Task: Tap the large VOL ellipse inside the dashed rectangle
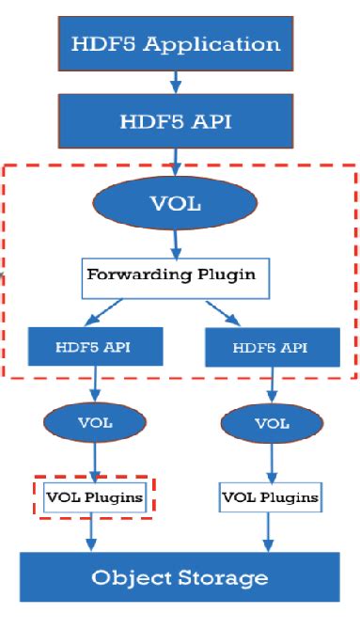176,204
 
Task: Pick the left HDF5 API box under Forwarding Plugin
94,347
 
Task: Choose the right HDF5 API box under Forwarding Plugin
271,348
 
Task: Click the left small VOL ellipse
95,422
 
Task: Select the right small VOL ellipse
272,424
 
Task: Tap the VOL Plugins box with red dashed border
95,495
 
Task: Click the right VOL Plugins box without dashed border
270,495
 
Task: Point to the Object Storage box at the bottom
179,576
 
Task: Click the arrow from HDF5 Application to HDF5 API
176,83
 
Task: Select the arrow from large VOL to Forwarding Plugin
176,243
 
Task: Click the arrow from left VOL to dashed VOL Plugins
94,461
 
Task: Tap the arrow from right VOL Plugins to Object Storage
271,530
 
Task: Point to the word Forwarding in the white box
133,276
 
